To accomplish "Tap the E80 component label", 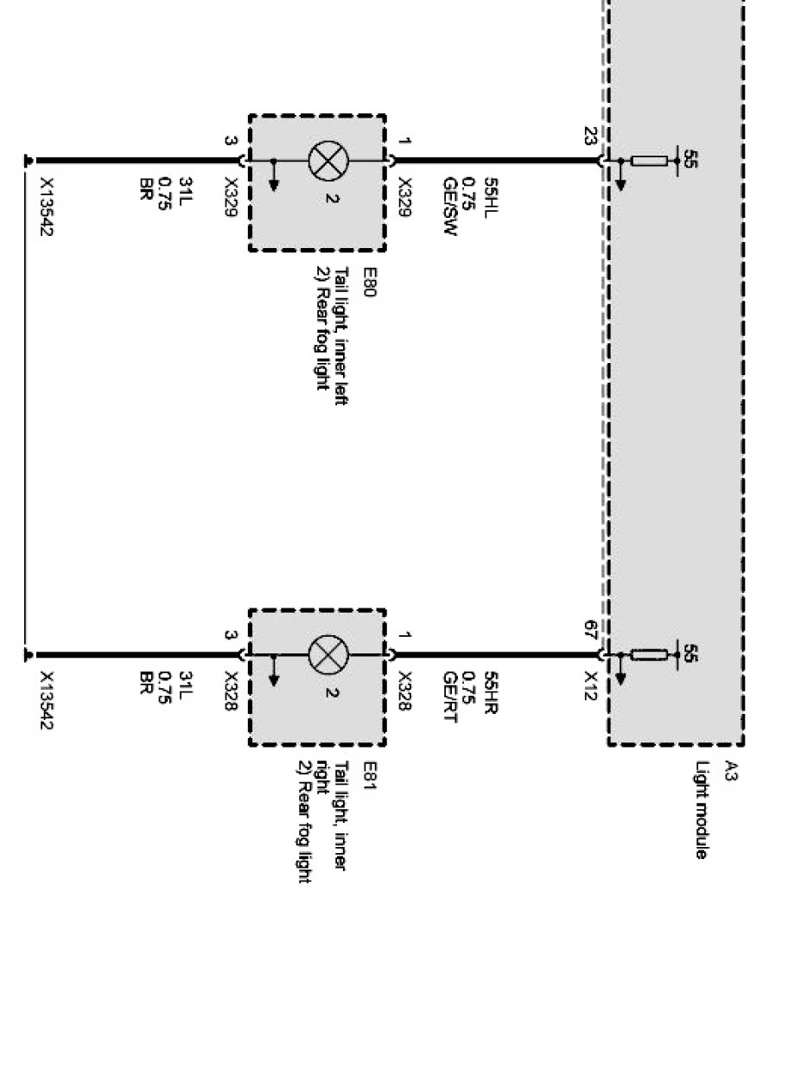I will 370,283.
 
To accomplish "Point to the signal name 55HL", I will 490,200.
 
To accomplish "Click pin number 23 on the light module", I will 590,137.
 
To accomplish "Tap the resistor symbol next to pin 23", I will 649,161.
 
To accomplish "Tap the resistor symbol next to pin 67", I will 649,655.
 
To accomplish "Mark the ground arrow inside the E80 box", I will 274,180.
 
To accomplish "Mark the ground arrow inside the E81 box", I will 274,674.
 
